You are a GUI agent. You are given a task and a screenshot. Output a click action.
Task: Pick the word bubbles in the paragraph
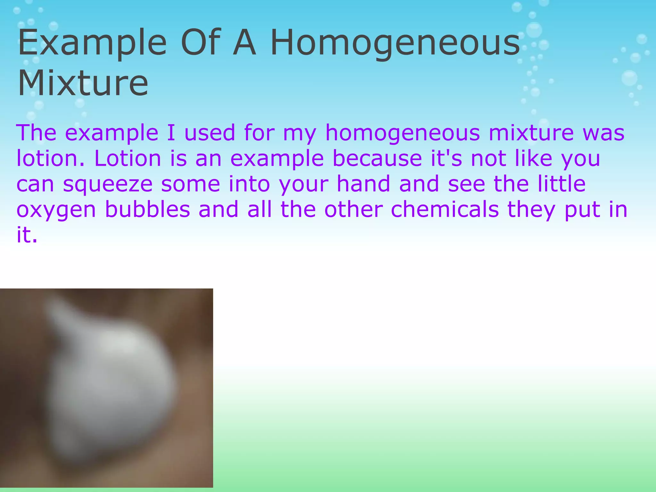click(x=148, y=209)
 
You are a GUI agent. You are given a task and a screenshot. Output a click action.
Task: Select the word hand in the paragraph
click(x=364, y=184)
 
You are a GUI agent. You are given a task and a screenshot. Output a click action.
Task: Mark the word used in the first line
click(x=210, y=133)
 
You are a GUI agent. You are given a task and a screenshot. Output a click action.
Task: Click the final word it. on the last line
click(x=27, y=235)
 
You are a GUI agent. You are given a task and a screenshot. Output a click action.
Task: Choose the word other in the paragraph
click(x=354, y=209)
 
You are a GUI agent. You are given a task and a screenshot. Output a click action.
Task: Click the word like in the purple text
click(x=534, y=158)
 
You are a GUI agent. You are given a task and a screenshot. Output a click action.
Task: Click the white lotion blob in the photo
click(x=112, y=384)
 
